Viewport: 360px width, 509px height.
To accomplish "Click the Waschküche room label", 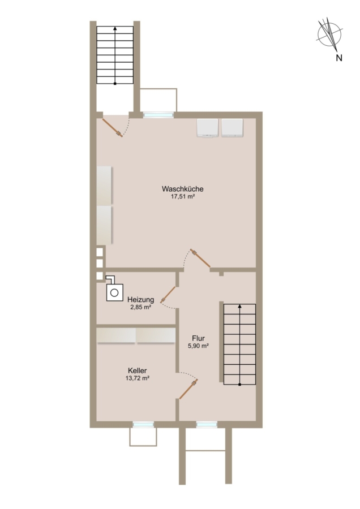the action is [x=183, y=188].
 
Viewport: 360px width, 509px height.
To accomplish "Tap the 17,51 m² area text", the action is [x=183, y=196].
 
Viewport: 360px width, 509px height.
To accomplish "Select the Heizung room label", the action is [x=141, y=299].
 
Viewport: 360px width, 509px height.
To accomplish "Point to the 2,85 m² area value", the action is [x=141, y=307].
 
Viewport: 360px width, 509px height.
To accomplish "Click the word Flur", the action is [x=198, y=339].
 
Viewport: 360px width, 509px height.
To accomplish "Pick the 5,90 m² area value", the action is [x=198, y=346].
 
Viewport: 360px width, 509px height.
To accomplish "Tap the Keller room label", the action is [x=138, y=370].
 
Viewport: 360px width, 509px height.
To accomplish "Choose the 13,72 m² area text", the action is [x=138, y=378].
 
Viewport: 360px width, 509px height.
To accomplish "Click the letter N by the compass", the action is [x=339, y=58].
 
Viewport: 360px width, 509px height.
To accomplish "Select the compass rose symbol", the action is [x=329, y=34].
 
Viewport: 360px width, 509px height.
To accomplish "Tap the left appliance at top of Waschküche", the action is [x=207, y=128].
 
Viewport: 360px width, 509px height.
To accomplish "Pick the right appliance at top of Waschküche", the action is [x=232, y=128].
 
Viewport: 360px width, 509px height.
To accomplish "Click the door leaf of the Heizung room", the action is [x=168, y=295].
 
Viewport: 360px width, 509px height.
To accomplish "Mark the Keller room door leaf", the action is [x=188, y=389].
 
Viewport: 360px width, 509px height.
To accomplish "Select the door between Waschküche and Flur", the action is [x=200, y=258].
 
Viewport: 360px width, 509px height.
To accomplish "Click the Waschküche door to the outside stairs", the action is [x=113, y=128].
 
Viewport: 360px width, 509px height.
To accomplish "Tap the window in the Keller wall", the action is [x=143, y=424].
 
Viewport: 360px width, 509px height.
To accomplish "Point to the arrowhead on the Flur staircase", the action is [x=240, y=306].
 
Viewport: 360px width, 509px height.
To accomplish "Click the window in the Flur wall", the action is [x=207, y=424].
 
